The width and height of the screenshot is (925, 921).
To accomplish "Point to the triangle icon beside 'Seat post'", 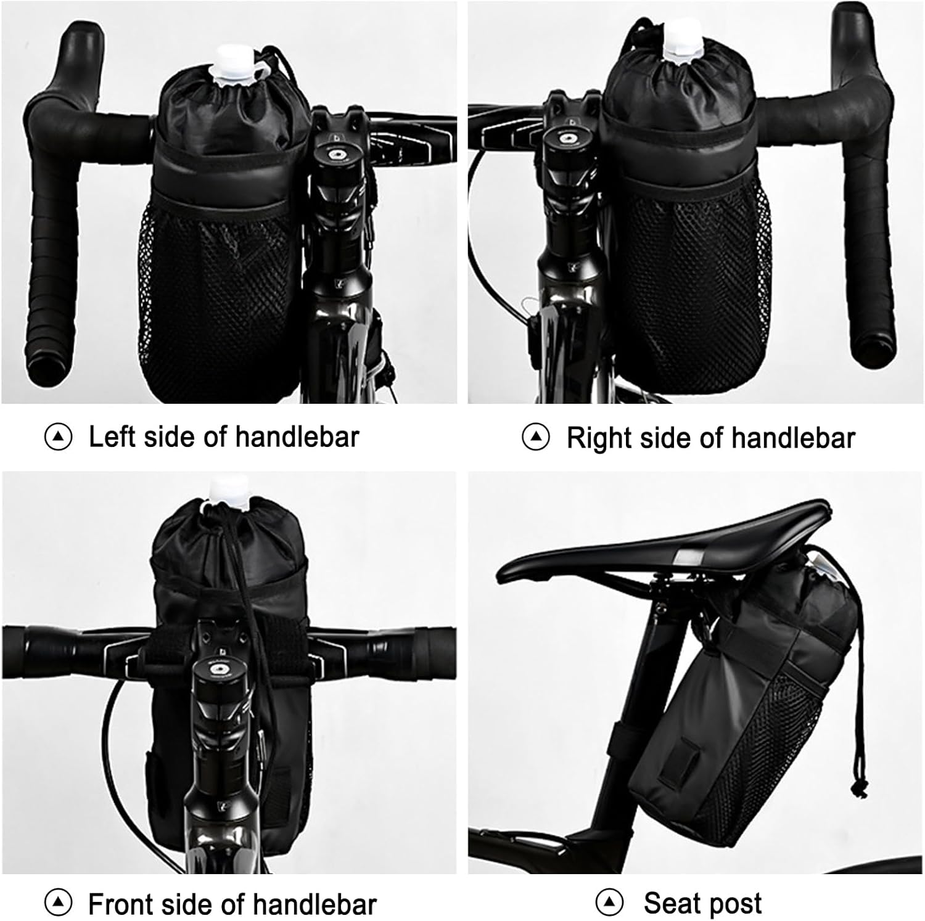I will [x=609, y=903].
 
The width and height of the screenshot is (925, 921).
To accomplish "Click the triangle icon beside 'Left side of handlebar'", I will [x=58, y=437].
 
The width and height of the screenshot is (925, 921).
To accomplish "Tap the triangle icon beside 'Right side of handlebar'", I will [x=535, y=438].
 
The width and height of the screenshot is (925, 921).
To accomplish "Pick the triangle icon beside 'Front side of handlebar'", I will [x=58, y=904].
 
